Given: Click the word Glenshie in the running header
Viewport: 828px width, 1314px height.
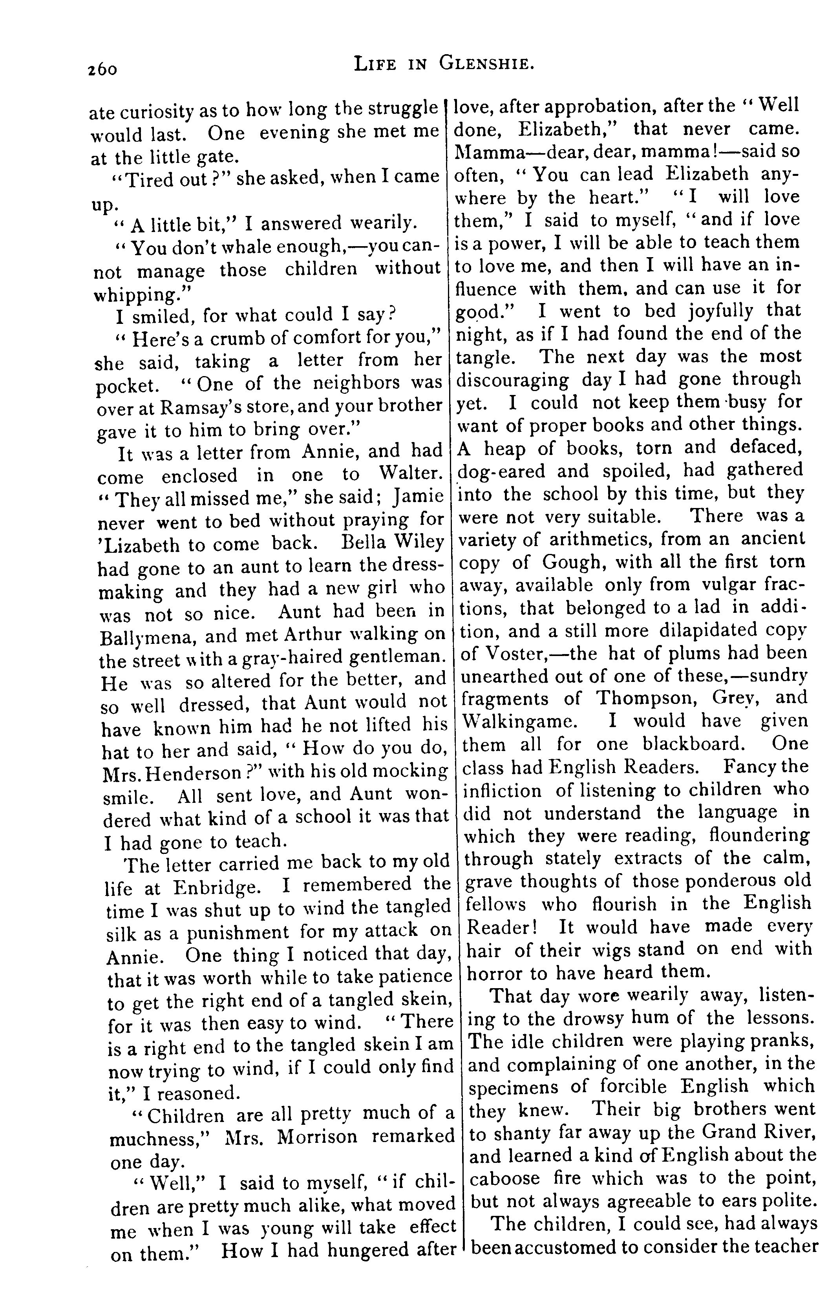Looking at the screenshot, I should coord(485,64).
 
